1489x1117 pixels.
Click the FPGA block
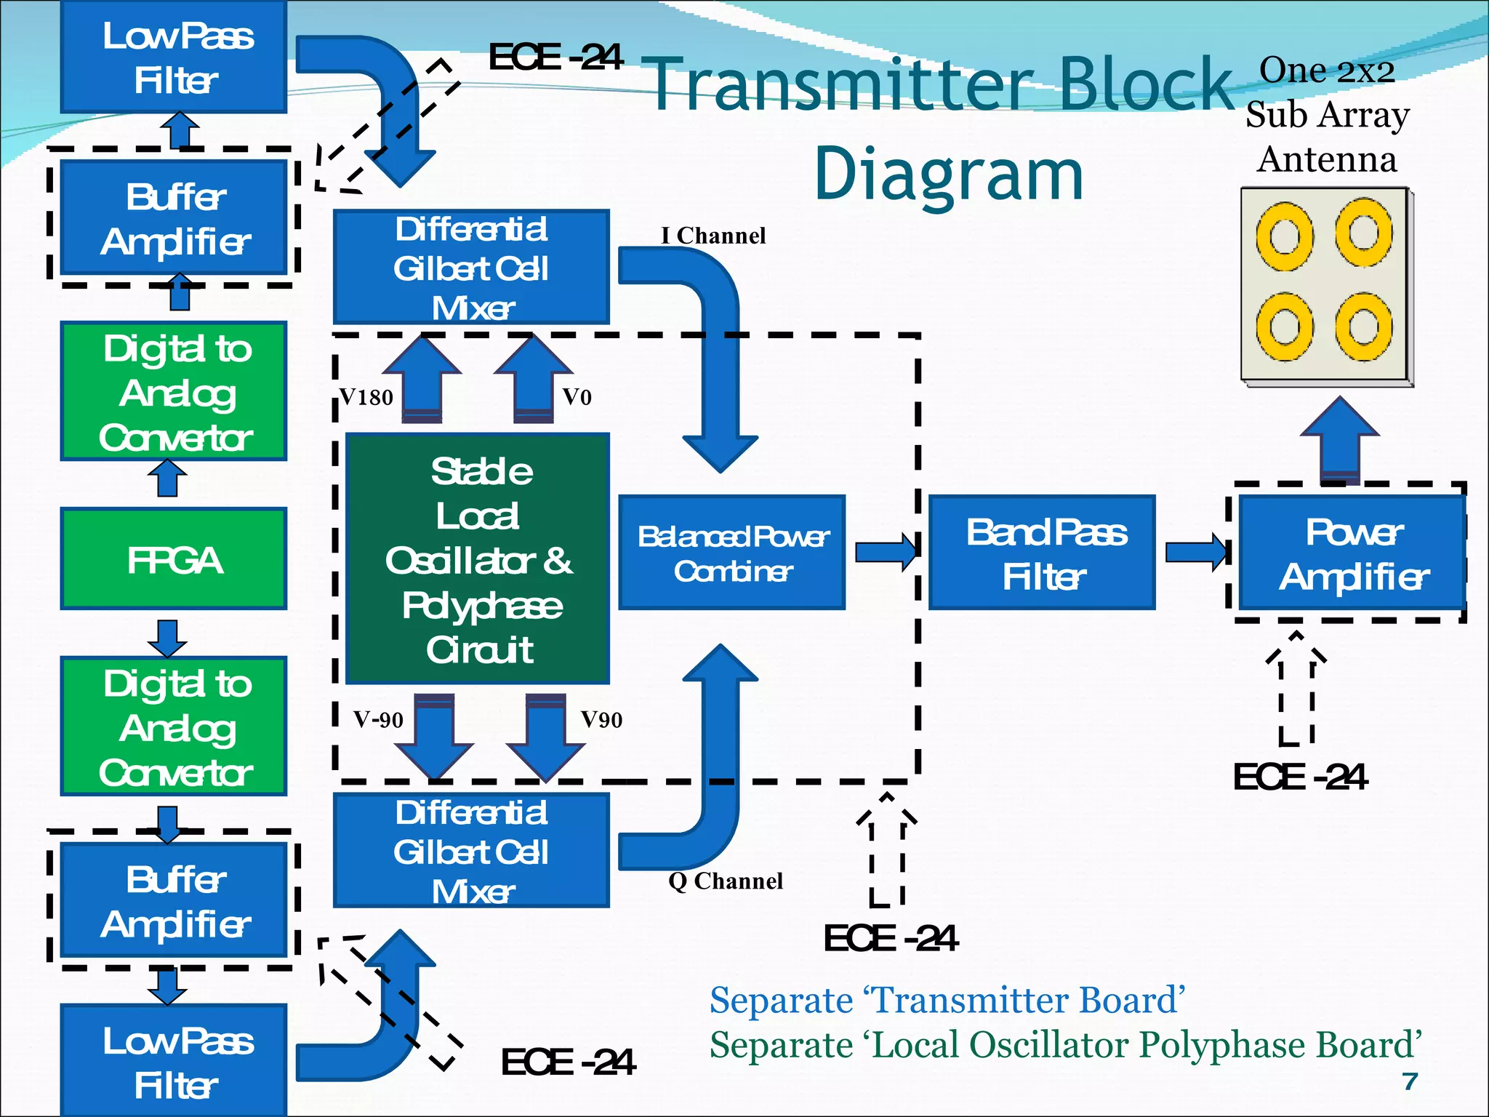click(x=174, y=558)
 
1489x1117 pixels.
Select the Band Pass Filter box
click(x=1042, y=553)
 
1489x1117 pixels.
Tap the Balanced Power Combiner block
click(x=731, y=553)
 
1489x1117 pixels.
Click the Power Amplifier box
click(x=1352, y=553)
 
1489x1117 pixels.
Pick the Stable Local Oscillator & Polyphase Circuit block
click(x=478, y=558)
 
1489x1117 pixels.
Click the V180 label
click(x=366, y=397)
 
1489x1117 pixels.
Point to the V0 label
click(x=577, y=397)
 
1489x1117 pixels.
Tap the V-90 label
click(x=378, y=720)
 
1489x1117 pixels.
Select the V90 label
click(x=601, y=720)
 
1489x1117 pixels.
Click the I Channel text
click(x=713, y=236)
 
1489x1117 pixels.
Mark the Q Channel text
click(x=726, y=881)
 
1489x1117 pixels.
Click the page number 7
click(x=1410, y=1081)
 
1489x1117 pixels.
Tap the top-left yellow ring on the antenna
click(x=1285, y=237)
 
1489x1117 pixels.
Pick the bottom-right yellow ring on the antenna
click(x=1363, y=327)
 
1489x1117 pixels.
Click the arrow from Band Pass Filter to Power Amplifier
click(x=1195, y=553)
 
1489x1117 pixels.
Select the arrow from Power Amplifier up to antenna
click(x=1339, y=440)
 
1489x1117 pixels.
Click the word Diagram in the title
click(x=948, y=175)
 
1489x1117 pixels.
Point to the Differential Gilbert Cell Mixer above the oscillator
click(x=471, y=268)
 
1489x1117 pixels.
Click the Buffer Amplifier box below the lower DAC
click(x=174, y=900)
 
